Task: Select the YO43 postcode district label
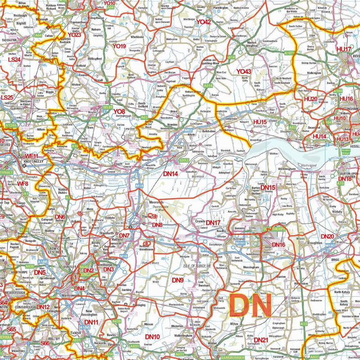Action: (x=243, y=71)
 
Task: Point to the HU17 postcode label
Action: (x=344, y=49)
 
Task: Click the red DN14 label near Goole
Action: (x=171, y=173)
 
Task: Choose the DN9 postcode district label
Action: (x=178, y=280)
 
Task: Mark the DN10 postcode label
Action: (x=152, y=336)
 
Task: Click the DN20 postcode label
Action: (x=327, y=236)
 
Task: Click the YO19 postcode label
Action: (x=119, y=46)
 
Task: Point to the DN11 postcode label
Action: (x=91, y=322)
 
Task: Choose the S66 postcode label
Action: (x=45, y=343)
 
